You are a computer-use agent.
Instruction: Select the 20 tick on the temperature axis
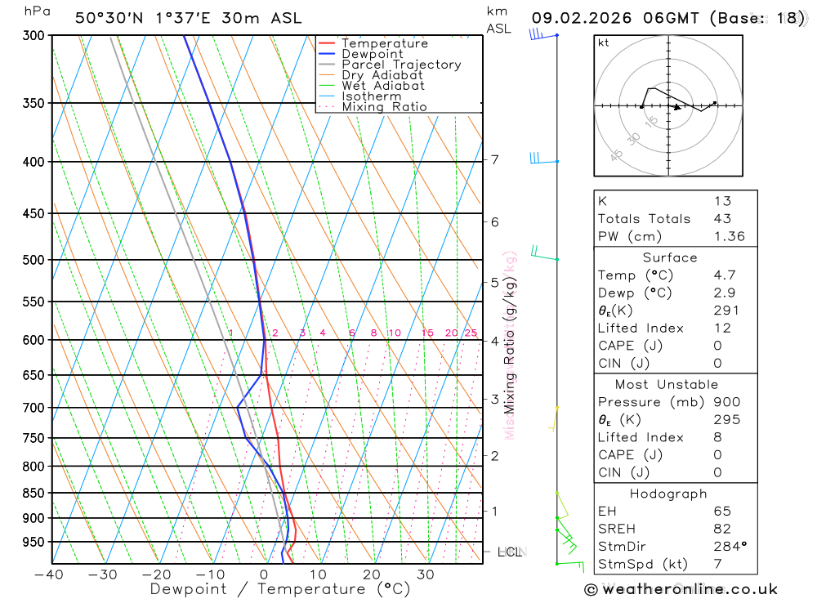(x=372, y=574)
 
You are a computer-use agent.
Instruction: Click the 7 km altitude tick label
(x=495, y=159)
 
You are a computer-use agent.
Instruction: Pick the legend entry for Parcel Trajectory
(x=401, y=65)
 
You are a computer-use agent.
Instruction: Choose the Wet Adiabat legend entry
(x=383, y=86)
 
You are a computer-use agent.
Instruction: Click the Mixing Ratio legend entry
(x=384, y=107)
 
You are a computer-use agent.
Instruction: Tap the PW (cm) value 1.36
(x=729, y=237)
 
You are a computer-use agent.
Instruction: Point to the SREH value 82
(x=721, y=529)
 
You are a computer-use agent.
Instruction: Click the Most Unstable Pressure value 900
(x=726, y=402)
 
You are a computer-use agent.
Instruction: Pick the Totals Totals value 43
(x=722, y=219)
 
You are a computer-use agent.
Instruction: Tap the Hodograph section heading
(x=668, y=494)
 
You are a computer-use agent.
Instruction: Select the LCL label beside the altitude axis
(x=510, y=552)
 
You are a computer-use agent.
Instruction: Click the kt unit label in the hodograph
(x=604, y=43)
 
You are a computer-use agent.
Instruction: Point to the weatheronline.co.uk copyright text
(x=681, y=589)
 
